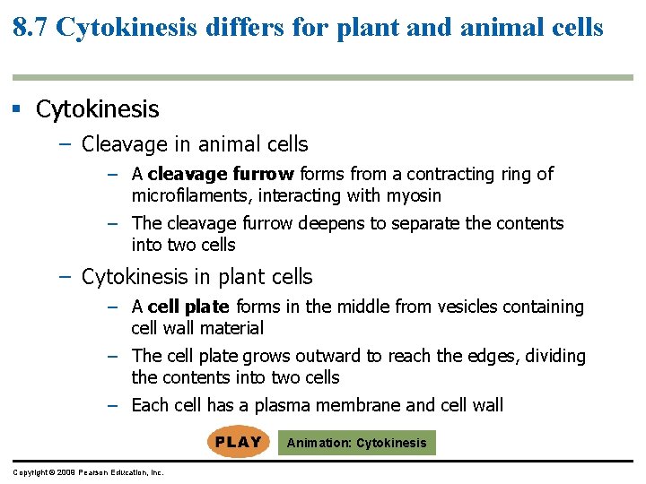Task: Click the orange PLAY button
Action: point(238,442)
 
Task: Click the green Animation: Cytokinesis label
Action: point(356,443)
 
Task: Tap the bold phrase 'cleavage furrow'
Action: point(222,174)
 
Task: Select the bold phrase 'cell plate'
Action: point(188,307)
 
